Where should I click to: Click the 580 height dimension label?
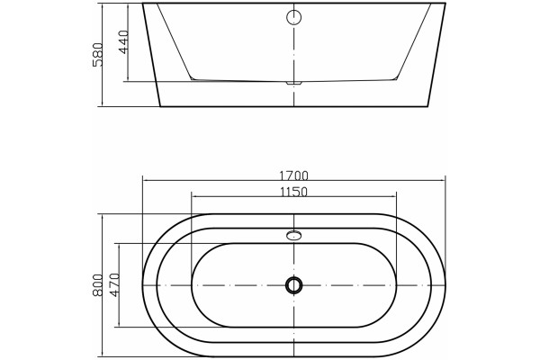[x=98, y=55]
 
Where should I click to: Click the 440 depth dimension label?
[x=123, y=42]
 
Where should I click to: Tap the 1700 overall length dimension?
[x=293, y=176]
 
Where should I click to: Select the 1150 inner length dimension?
[x=293, y=192]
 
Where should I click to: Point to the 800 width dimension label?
[x=98, y=285]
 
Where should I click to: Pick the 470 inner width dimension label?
[x=114, y=285]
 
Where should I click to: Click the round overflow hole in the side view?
[x=293, y=17]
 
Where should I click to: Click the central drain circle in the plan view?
[x=293, y=285]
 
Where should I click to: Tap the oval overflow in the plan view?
[x=293, y=235]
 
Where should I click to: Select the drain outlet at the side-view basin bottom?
[x=293, y=83]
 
